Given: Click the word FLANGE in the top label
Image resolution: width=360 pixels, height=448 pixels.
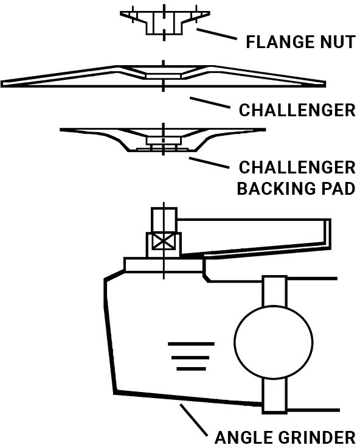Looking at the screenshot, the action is coord(276,42).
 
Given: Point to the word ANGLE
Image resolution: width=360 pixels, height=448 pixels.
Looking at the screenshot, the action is coord(244,438).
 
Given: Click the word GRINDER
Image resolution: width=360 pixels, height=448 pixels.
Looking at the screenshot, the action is coord(317,438).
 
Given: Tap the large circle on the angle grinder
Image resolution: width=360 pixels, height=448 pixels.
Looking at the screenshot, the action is coord(274,341).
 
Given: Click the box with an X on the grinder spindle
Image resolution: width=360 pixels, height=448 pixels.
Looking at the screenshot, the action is coord(164,242).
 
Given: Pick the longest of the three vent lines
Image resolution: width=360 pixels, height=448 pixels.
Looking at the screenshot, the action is coord(191,344).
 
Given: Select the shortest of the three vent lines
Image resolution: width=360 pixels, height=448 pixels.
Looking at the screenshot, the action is coord(191,369).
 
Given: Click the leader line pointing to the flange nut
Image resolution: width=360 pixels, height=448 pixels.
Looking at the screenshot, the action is coord(216,33).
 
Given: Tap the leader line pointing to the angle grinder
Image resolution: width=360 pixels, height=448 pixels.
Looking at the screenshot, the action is coord(193,419).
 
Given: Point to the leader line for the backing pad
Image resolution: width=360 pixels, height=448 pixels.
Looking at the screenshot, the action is coord(209,163).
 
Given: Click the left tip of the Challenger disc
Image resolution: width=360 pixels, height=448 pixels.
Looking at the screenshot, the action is coord(1,84).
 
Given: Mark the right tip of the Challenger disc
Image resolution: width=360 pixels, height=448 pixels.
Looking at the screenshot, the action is coord(325,84).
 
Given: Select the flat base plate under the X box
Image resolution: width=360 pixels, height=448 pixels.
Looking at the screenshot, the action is coord(164,265).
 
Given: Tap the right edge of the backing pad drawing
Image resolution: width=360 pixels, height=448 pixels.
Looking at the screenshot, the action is coord(265,130).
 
